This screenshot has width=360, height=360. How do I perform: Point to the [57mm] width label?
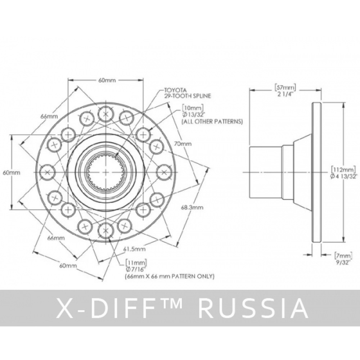click(x=285, y=87)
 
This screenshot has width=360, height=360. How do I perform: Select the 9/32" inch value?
click(x=340, y=262)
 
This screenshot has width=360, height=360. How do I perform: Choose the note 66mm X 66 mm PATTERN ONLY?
click(x=170, y=276)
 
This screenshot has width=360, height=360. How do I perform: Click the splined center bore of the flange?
click(x=105, y=172)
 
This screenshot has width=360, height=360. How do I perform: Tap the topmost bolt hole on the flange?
click(x=105, y=114)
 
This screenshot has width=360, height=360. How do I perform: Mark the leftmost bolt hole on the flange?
click(x=47, y=172)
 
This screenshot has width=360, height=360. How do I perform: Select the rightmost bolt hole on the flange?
click(x=164, y=172)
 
